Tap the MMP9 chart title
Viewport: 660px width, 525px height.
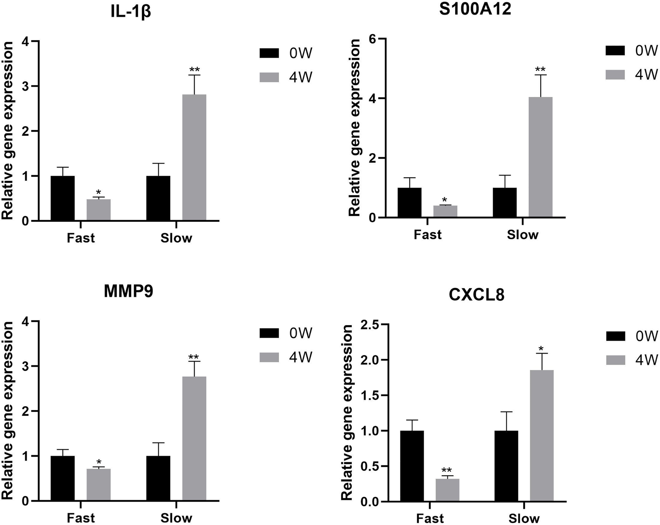point(129,292)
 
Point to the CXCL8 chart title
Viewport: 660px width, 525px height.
point(477,295)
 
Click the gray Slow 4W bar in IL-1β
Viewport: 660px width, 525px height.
point(194,157)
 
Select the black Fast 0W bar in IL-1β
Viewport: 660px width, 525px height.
point(63,198)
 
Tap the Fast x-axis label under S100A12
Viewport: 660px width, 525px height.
point(428,235)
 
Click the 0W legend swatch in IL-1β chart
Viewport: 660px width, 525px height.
point(269,53)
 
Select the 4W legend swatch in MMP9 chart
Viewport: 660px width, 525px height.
point(269,357)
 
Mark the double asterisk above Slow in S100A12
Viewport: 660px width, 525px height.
point(540,69)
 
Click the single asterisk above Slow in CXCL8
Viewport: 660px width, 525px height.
point(541,349)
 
